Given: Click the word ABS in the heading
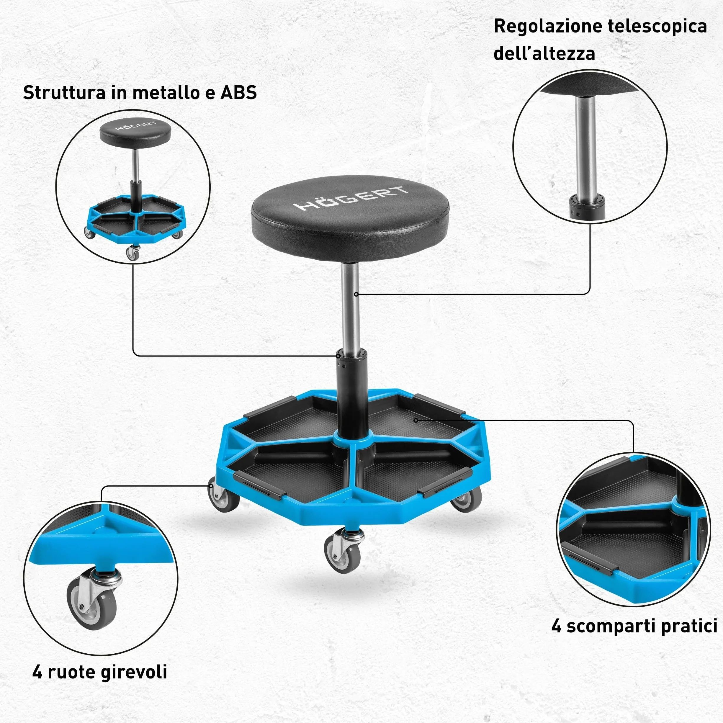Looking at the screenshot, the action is point(238,92).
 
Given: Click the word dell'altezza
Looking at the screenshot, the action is point(544,53).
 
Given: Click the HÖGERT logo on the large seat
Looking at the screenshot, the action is point(350,198).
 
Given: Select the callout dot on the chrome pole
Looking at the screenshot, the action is point(356,294).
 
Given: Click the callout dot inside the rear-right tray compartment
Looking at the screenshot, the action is point(416,420).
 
